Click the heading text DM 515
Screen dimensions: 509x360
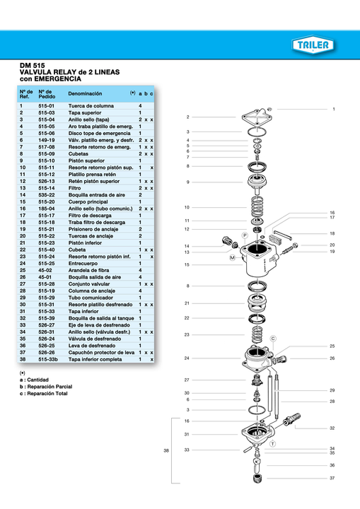pos(33,66)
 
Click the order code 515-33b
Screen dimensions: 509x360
pos(48,360)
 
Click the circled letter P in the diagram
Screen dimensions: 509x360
pos(244,234)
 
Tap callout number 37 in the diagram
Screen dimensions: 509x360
pos(332,478)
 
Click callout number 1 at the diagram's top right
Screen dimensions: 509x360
pos(333,110)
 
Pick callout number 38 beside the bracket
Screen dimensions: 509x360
pos(166,450)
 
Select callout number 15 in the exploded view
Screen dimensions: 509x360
pos(187,264)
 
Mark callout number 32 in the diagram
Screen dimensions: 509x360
pos(332,428)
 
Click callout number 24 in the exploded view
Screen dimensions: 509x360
pos(187,358)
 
